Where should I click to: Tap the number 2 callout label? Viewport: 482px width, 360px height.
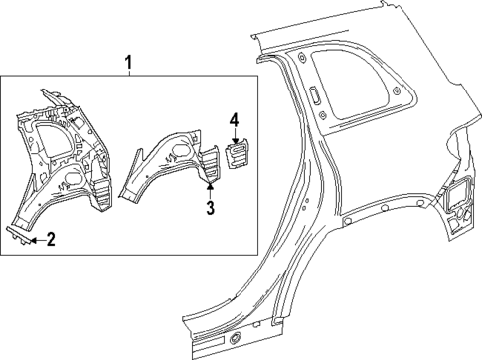coord(51,238)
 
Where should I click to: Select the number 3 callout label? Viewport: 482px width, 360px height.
coord(210,207)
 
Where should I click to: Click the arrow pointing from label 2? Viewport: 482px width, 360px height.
coord(36,238)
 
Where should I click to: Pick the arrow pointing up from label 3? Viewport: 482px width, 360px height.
coord(210,189)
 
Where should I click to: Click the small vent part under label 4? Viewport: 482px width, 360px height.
coord(239,157)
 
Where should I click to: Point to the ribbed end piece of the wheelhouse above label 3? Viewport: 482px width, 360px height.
coord(212,165)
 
